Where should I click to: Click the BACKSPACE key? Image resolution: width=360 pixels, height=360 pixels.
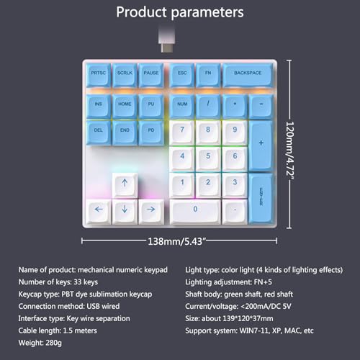tap(248, 75)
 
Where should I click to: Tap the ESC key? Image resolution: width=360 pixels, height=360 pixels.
tap(182, 75)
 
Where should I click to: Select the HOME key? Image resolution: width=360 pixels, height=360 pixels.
tap(125, 107)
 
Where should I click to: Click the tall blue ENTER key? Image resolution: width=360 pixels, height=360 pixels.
tap(261, 198)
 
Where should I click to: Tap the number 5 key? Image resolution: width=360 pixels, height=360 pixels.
tap(208, 158)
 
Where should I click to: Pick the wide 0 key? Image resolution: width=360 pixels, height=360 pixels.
tap(195, 211)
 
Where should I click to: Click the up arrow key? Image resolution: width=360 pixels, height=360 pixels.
tap(125, 185)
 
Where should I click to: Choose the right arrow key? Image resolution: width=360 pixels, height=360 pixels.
tap(151, 211)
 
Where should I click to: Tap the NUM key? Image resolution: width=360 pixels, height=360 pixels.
tap(182, 107)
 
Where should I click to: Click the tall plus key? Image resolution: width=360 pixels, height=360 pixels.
tap(261, 145)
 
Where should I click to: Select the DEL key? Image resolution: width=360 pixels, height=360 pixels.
tap(99, 132)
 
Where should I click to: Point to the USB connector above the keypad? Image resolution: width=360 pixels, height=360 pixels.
tap(166, 40)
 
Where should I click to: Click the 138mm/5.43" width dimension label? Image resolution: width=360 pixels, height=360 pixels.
tap(176, 241)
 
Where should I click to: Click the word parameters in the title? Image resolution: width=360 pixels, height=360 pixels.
tap(207, 12)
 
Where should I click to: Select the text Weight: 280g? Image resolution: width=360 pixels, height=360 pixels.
tap(40, 343)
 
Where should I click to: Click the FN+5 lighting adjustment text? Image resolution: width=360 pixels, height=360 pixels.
tap(263, 282)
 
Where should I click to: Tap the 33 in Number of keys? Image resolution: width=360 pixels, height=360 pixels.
tap(78, 282)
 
